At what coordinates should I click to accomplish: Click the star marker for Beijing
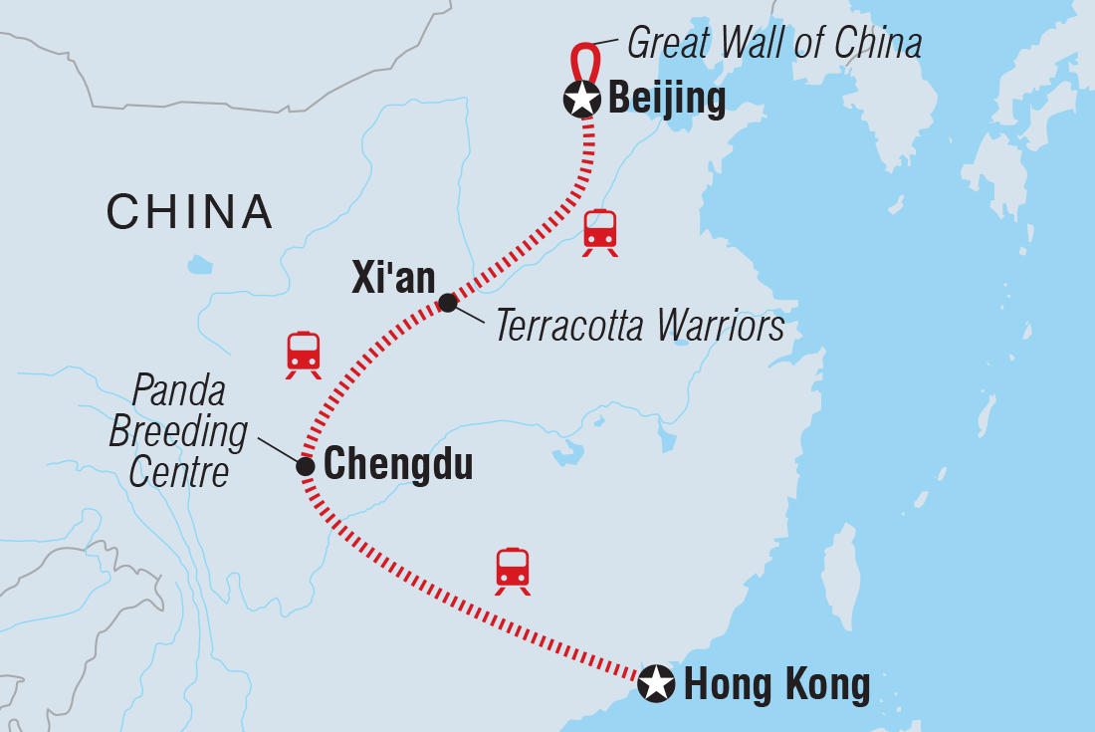point(581,99)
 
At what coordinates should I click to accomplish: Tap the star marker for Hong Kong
point(656,683)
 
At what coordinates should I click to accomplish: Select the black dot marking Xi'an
point(448,303)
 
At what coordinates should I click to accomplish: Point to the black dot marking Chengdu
point(306,465)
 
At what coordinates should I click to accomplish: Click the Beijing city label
point(666,100)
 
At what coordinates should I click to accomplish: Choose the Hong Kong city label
point(776,684)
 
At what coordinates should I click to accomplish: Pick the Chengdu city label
point(398,464)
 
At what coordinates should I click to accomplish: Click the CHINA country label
point(189,211)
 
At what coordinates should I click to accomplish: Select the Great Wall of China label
point(773,44)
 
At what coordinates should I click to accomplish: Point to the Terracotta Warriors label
point(640,326)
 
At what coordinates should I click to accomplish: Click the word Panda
point(179,393)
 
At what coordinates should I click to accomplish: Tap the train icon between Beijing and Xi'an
point(600,231)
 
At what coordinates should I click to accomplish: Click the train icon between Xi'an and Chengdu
point(304,354)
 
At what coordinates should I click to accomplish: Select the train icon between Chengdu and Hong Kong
point(513,570)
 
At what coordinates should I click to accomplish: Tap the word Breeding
point(178,432)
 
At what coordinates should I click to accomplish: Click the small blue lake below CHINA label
point(200,265)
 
